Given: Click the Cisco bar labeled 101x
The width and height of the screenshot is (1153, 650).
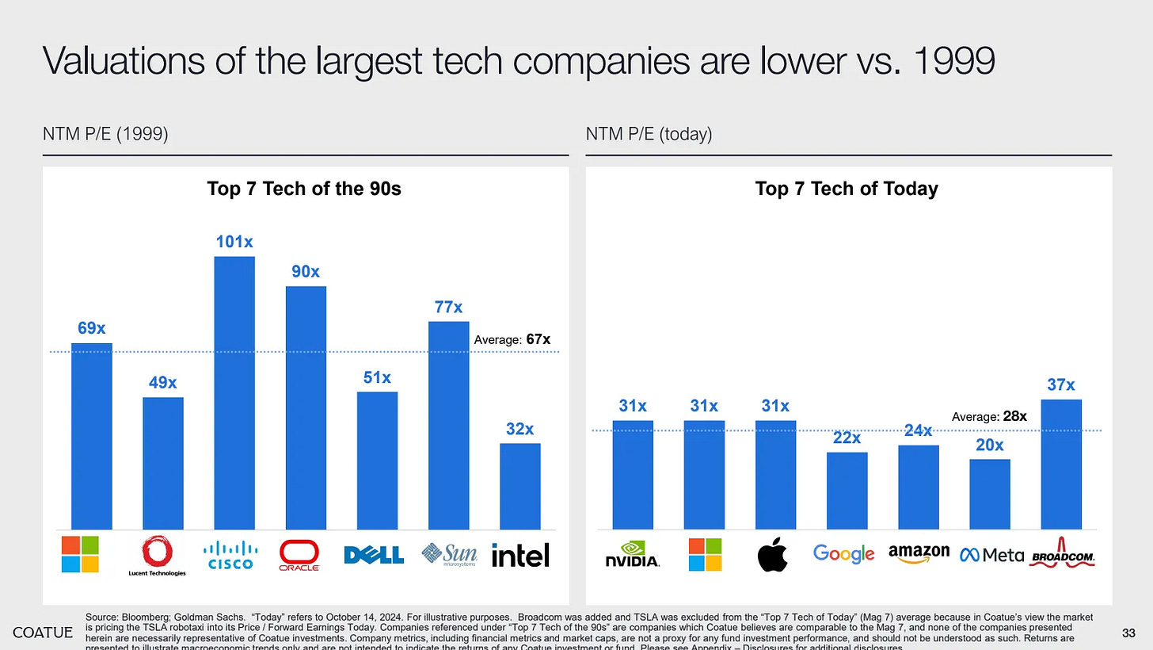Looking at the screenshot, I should [x=234, y=392].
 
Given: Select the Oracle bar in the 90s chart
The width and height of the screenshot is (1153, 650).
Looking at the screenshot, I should [x=306, y=407].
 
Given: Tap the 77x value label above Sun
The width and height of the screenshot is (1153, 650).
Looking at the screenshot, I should [x=448, y=307].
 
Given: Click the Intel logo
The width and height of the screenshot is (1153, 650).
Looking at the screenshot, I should [x=520, y=554].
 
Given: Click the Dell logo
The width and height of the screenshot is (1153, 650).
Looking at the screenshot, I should [x=374, y=554].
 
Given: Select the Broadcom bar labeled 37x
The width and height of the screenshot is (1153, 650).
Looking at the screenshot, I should [x=1060, y=464].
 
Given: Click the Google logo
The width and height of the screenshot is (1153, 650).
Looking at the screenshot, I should [x=843, y=554].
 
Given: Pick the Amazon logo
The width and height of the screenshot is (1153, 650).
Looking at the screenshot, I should [x=919, y=552].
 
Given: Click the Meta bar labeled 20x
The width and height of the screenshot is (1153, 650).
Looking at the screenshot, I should [x=990, y=494].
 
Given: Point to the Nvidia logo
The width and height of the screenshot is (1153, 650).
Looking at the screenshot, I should [x=632, y=554].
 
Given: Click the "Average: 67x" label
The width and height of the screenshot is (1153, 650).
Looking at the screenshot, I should [x=512, y=339].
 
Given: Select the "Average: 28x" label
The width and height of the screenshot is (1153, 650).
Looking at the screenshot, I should [x=989, y=416].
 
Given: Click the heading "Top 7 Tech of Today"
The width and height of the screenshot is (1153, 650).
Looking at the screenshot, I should [x=847, y=189].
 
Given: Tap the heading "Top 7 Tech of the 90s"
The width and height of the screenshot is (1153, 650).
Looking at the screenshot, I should [x=304, y=189].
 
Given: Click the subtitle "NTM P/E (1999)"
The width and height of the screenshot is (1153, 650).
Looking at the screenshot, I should [x=105, y=135].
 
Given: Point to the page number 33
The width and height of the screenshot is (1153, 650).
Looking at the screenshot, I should [x=1129, y=632].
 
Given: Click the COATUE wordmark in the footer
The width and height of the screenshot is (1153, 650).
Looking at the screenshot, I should [x=44, y=632].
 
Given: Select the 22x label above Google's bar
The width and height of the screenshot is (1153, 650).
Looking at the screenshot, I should [x=847, y=438].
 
